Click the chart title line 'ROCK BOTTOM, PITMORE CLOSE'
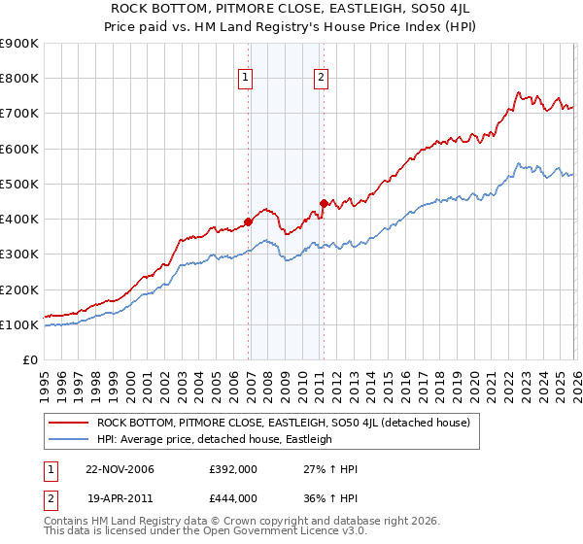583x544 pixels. point(291,11)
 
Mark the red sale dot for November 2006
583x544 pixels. point(249,221)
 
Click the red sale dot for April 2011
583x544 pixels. point(325,203)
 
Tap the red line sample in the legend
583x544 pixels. point(68,423)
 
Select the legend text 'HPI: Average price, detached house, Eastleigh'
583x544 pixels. point(214,439)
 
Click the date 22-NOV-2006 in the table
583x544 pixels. point(120,469)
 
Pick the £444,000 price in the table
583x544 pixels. point(233,497)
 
